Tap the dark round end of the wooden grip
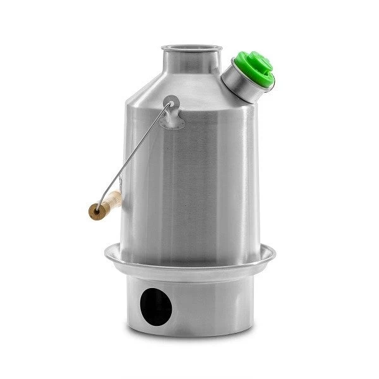coord(95,212)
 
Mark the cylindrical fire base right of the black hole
coord(215,303)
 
